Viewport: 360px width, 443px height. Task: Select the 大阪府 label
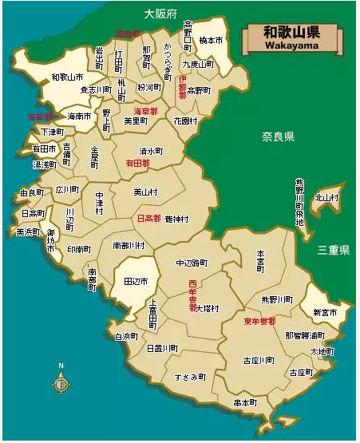pos(160,14)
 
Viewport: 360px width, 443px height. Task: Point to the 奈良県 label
pos(279,136)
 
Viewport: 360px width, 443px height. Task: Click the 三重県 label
pos(333,250)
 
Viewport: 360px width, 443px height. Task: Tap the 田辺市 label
pos(136,281)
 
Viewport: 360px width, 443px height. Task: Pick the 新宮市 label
pos(325,312)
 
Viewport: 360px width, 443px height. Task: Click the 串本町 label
pos(245,403)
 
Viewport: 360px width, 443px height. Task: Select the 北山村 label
pos(326,197)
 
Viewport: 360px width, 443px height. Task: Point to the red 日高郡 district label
pos(149,218)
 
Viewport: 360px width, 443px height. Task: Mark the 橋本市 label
pos(211,40)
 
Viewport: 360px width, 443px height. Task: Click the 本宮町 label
pos(260,263)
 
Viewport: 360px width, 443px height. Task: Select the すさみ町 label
pos(191,375)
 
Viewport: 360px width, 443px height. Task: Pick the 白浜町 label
pos(127,337)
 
